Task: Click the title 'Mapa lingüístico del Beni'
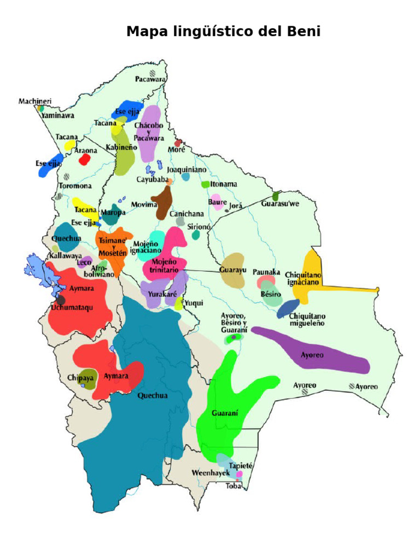pos(223,32)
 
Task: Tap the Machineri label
pos(35,101)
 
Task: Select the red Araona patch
pos(84,159)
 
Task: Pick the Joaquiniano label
pos(186,170)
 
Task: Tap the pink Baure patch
pos(217,202)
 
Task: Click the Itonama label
pos(224,185)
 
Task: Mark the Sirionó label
pos(199,226)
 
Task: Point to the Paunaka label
pos(266,272)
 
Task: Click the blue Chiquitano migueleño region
pos(288,308)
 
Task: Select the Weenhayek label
pos(211,473)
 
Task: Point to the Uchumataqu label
pos(72,308)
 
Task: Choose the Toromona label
pos(75,186)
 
